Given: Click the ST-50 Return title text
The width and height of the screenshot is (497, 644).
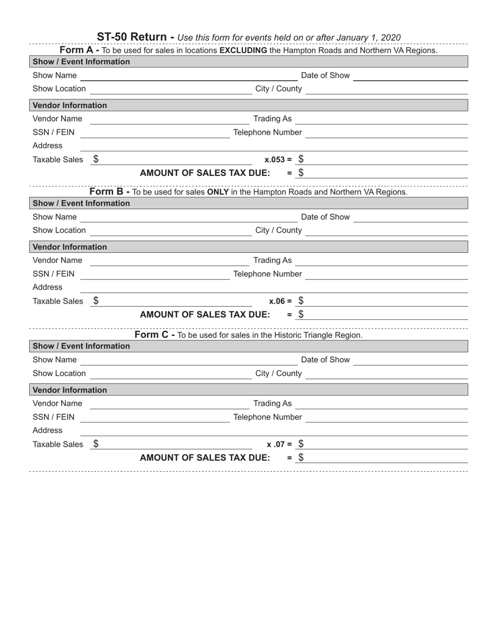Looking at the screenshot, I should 135,37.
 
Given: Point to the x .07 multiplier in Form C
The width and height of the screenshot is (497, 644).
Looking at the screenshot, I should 279,445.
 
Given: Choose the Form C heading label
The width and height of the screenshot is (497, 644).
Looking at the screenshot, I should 155,335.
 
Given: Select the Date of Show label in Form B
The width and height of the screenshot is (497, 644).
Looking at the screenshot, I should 325,217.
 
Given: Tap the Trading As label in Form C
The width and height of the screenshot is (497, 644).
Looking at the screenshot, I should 273,403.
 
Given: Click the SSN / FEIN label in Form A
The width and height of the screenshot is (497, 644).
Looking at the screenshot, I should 53,132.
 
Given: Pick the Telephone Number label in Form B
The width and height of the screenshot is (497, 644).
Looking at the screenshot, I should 267,274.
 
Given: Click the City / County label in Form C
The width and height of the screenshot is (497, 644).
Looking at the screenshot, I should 278,373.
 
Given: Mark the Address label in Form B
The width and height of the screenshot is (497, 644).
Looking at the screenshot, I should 48,287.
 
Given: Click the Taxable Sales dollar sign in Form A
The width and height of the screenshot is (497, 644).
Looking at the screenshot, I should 96,159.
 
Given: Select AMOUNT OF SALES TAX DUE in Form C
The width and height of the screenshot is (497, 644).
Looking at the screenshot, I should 205,458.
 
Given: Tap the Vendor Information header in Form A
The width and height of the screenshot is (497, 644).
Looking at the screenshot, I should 70,105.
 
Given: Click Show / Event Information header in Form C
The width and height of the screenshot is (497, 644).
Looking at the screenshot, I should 81,346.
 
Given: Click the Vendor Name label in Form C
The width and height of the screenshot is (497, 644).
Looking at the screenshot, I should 58,403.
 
